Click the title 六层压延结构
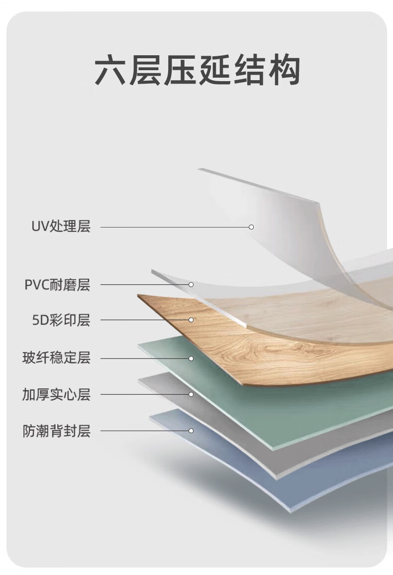coord(197,71)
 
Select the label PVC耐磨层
coord(57,285)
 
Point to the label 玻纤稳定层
coord(56,358)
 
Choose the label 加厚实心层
coord(56,395)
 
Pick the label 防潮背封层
coord(56,431)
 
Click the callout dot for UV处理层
coord(251,227)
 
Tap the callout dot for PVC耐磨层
coord(191,285)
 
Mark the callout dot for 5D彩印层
coord(191,320)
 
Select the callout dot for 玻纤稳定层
coord(191,358)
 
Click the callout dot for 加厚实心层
coord(191,395)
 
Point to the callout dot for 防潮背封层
coord(191,431)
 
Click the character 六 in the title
coord(110,71)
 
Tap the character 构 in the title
coord(285,71)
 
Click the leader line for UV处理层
coord(174,227)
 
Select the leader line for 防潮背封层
coord(144,431)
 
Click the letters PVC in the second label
coord(37,285)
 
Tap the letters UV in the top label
coord(39,228)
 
